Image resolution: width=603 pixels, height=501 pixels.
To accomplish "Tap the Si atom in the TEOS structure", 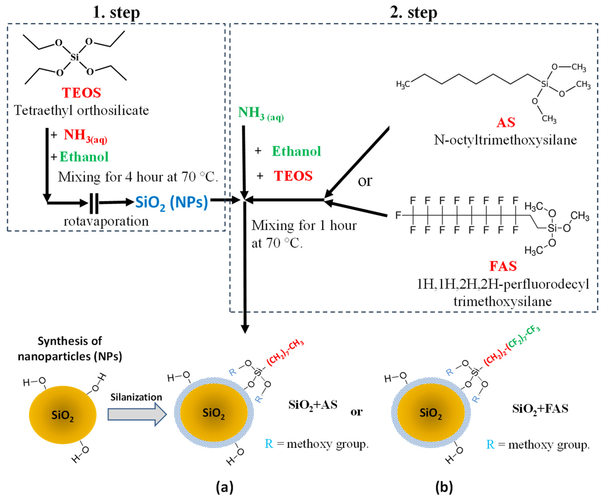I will (74, 57).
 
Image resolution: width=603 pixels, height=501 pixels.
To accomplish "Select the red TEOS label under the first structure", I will (82, 93).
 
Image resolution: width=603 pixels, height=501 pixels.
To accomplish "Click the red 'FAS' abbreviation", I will (503, 266).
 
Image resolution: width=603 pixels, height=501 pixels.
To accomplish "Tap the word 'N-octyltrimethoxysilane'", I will (505, 140).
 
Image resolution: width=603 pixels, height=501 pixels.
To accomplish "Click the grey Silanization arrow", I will (137, 414).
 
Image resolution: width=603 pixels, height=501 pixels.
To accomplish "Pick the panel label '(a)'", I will (225, 487).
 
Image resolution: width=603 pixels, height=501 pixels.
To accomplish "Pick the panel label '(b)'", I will (444, 487).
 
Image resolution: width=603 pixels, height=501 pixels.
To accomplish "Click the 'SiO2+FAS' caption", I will (540, 409).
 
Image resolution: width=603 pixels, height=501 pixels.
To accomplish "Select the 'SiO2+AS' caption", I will (313, 405).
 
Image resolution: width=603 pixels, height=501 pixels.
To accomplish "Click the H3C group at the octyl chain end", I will (403, 84).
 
